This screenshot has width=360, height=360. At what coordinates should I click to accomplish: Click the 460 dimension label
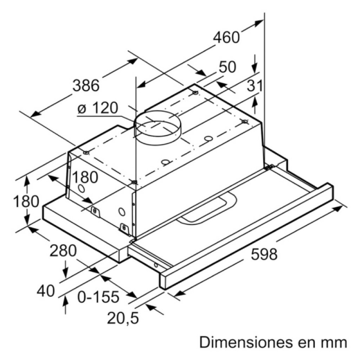[226, 37]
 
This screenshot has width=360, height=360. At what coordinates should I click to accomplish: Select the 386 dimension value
[86, 85]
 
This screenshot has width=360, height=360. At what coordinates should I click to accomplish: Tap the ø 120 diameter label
[98, 108]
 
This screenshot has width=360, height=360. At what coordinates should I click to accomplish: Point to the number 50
[227, 67]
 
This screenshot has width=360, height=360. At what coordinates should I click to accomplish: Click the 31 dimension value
[255, 86]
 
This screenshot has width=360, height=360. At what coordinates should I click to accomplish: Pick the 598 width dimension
[264, 254]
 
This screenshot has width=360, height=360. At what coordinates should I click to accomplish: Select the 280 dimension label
[63, 251]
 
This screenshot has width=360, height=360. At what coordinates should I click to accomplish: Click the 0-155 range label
[98, 297]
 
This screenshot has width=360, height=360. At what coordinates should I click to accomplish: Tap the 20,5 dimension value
[123, 318]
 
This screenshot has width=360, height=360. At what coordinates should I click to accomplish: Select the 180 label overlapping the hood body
[85, 177]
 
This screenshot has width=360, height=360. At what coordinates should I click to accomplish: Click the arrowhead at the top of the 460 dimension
[258, 22]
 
